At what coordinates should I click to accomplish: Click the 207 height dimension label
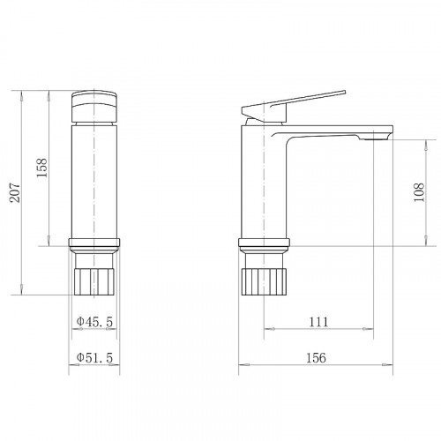(15, 192)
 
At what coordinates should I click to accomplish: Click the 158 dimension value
(41, 168)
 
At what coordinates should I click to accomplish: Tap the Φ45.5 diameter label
(94, 322)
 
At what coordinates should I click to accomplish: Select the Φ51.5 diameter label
(94, 358)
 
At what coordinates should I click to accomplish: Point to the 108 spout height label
(419, 192)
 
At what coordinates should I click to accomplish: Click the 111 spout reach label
(318, 322)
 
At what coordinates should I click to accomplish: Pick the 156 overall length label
(316, 358)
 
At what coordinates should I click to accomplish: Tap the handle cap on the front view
(94, 107)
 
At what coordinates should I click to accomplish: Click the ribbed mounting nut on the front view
(94, 281)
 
